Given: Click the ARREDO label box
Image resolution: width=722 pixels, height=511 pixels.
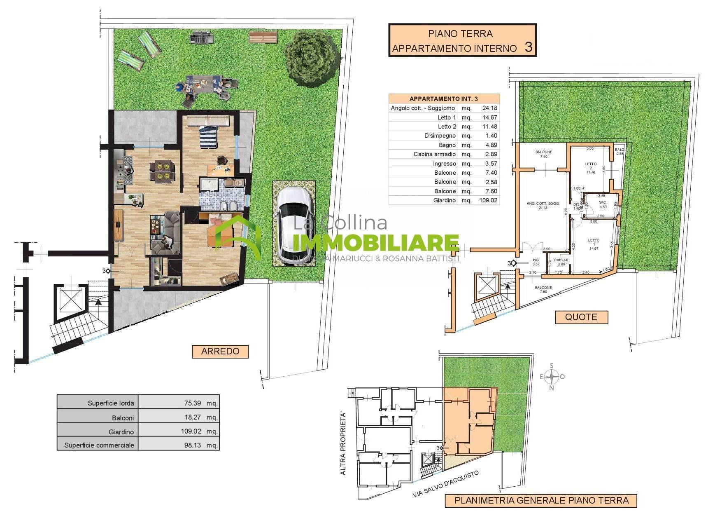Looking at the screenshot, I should pyautogui.click(x=220, y=352).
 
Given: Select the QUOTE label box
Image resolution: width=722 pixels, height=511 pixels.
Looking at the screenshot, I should pyautogui.click(x=581, y=317).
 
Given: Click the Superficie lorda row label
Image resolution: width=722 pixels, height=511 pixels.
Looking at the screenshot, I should pyautogui.click(x=111, y=403).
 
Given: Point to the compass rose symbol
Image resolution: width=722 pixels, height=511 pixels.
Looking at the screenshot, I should pyautogui.click(x=552, y=377).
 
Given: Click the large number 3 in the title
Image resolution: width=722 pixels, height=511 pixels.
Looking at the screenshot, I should pyautogui.click(x=529, y=47).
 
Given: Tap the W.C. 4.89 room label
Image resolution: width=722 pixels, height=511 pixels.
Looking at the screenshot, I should pyautogui.click(x=603, y=205).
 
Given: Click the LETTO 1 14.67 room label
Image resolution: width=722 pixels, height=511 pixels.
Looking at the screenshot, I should pyautogui.click(x=594, y=244).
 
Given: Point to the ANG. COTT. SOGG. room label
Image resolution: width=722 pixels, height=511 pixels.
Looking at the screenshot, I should pyautogui.click(x=543, y=205).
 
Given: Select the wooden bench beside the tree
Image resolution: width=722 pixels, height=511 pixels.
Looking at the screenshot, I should pyautogui.click(x=263, y=38).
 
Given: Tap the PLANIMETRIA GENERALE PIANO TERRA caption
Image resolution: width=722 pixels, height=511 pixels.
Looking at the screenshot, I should pyautogui.click(x=541, y=501).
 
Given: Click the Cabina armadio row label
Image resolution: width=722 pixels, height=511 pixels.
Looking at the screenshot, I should pyautogui.click(x=435, y=154).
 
